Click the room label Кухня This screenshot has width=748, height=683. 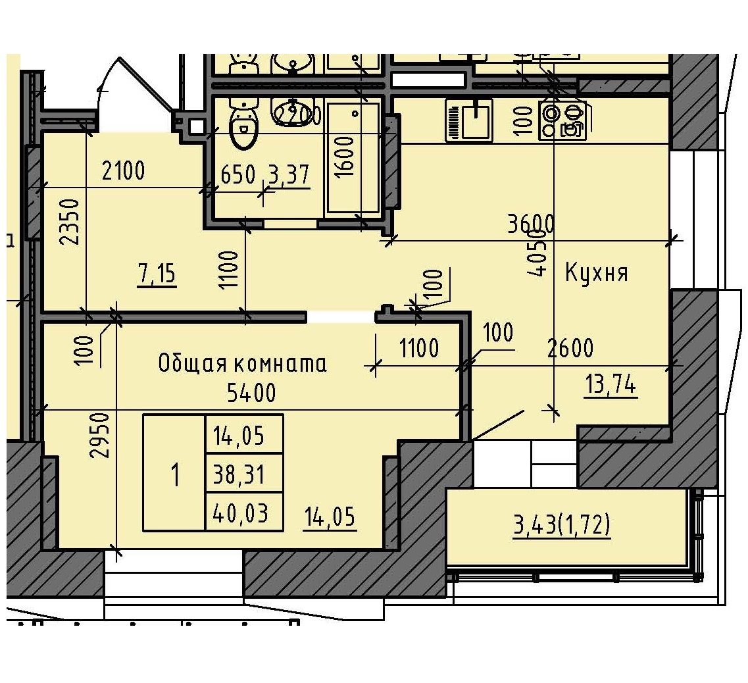tap(597, 272)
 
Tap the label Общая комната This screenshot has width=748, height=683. tap(243, 363)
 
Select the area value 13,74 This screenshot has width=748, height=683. tap(611, 385)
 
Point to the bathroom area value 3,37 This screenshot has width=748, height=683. tap(289, 175)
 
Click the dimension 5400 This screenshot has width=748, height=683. tap(251, 393)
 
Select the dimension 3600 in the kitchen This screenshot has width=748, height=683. tap(530, 224)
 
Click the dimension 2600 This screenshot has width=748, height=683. tap(570, 348)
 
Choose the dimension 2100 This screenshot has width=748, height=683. tap(123, 172)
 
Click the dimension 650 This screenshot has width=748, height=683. tap(237, 175)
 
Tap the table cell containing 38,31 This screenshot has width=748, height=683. tap(244, 473)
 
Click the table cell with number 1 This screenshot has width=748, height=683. tap(175, 473)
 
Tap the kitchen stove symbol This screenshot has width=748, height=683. tap(562, 120)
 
